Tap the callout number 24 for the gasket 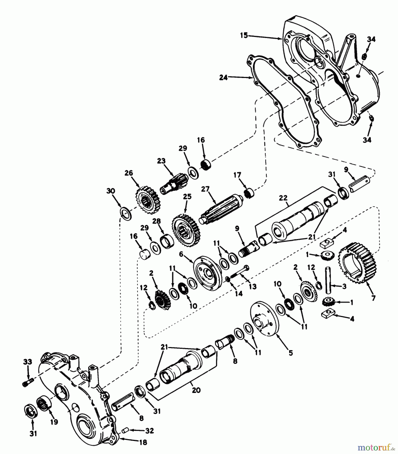223,77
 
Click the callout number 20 196,390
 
